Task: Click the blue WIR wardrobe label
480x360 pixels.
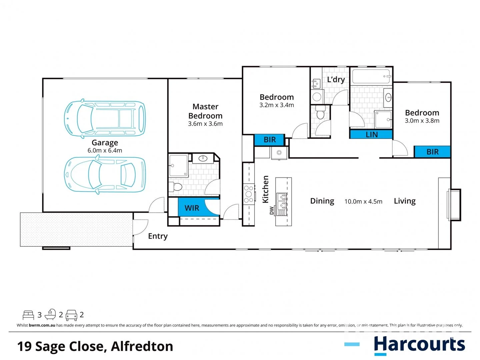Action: point(192,208)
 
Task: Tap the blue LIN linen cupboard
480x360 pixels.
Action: point(371,134)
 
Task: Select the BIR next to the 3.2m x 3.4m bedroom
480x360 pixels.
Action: point(270,140)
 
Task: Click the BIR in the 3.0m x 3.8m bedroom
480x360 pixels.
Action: point(432,152)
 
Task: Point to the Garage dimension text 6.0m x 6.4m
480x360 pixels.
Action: point(105,150)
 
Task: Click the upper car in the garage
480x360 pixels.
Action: point(105,118)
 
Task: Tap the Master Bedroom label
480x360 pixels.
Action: point(205,111)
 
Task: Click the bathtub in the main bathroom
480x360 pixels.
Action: point(371,76)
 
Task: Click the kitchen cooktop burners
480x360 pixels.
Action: point(248,194)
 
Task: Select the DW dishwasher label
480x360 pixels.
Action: point(271,211)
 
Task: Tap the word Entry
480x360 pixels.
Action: point(158,236)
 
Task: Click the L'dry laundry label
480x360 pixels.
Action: point(336,79)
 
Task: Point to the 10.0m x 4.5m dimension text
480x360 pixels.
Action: point(363,201)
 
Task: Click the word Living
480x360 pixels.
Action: point(405,201)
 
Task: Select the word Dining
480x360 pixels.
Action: point(322,201)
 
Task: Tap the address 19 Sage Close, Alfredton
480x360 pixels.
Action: point(95,346)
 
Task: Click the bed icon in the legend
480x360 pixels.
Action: point(28,315)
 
